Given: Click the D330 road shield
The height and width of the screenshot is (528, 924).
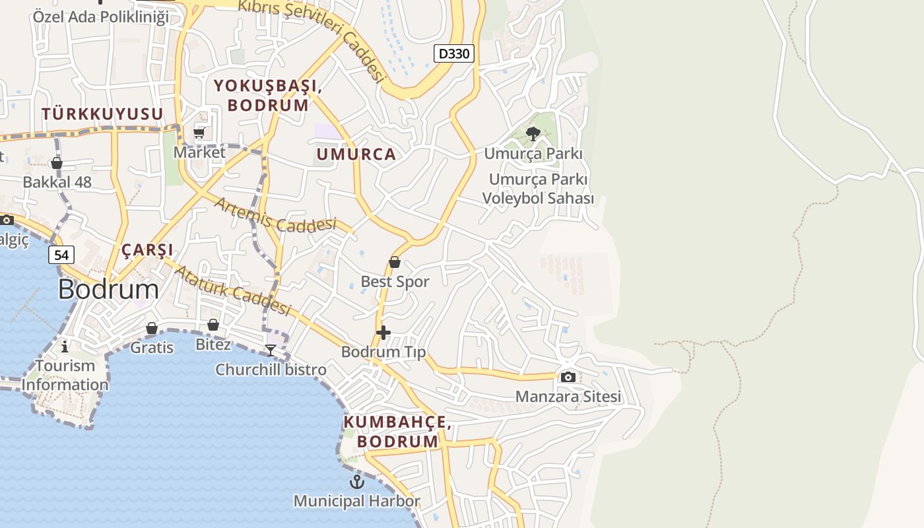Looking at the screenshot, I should [x=454, y=53].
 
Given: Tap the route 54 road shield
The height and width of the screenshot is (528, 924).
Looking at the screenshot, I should [x=61, y=254].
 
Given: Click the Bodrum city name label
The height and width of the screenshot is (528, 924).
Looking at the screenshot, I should [x=108, y=289].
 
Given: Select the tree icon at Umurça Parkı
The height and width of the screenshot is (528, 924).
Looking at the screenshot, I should [x=533, y=135].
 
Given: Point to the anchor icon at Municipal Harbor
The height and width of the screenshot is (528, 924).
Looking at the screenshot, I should [x=356, y=482].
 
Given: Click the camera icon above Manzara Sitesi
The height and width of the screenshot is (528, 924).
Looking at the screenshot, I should [x=568, y=378].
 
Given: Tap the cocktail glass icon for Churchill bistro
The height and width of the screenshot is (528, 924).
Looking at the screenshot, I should [x=271, y=350].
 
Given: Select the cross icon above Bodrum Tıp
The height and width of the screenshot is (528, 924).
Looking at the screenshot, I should [x=383, y=333].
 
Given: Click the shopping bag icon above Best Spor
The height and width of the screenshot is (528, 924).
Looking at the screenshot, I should [x=395, y=262].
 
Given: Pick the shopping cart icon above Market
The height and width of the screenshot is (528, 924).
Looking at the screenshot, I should [x=199, y=133].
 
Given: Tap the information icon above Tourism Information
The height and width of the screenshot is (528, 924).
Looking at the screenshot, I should [x=65, y=346].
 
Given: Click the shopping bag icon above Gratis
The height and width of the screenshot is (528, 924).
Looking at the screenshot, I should [x=152, y=328].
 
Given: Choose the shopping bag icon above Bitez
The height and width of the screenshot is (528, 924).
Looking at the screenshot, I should [x=213, y=325].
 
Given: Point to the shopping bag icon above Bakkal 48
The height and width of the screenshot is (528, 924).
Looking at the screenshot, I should [x=57, y=162].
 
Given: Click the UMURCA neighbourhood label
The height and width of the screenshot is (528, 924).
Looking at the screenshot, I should [x=356, y=154].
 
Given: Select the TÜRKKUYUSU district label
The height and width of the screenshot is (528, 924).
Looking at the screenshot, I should [x=102, y=114].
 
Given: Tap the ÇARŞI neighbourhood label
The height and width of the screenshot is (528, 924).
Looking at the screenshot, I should [x=147, y=250].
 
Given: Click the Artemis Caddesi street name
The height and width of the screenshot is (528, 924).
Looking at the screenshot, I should [x=275, y=215].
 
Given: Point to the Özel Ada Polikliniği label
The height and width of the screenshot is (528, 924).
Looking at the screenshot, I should [x=101, y=16].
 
